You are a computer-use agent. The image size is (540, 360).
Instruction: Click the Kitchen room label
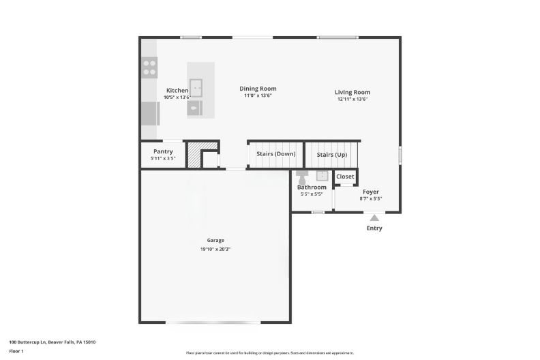pos(177,91)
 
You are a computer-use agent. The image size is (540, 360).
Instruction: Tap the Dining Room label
pos(258,89)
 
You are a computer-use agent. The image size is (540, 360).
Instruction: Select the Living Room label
pos(352,92)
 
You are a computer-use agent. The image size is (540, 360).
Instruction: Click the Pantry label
pos(163,151)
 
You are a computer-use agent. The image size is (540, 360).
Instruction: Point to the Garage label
pos(215,240)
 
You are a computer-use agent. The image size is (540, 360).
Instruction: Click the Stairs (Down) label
pos(275,154)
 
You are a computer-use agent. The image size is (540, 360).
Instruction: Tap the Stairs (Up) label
pos(331,155)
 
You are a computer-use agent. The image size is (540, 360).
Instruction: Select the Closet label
pos(345,177)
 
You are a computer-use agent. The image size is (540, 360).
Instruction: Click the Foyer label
pos(370,192)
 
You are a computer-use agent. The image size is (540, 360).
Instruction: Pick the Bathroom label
pos(312,187)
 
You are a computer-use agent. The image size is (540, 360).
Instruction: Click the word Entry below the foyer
pos(374,228)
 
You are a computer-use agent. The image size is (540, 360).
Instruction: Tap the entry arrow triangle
pos(374,217)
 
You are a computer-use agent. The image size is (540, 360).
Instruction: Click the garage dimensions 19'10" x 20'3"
pos(215,250)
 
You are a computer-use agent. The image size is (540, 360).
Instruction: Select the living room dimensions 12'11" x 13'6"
pos(352,100)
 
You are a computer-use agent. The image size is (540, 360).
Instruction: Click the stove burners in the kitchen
pos(149,67)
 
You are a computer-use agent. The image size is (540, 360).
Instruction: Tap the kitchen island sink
pos(196,87)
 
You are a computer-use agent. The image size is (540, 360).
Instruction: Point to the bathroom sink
pos(322,176)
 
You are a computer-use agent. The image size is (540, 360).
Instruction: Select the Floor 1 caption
pos(16,351)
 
